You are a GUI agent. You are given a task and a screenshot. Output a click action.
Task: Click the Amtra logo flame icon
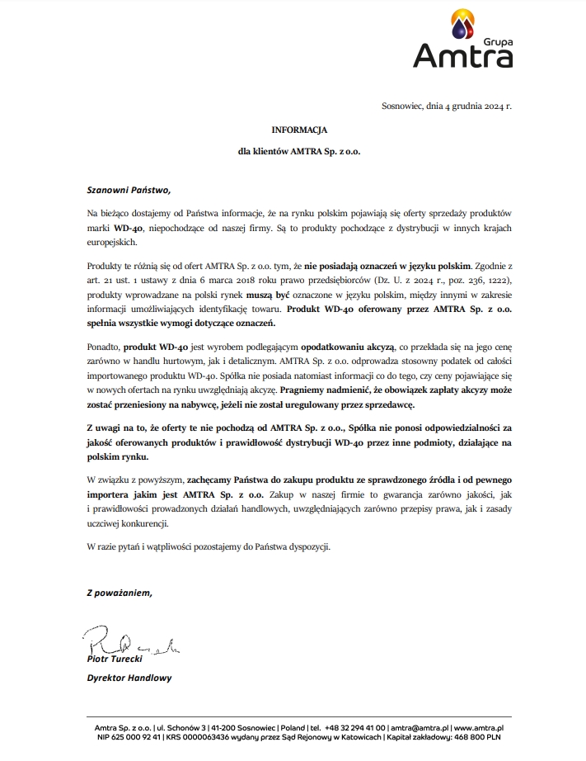[463, 26]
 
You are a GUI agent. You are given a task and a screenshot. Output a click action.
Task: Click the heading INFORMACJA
[299, 130]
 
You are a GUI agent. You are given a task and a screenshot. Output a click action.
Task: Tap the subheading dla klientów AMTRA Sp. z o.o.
[299, 153]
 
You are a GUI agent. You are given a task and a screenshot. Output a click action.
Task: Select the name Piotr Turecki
[115, 659]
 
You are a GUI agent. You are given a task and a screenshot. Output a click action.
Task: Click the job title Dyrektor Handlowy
[129, 678]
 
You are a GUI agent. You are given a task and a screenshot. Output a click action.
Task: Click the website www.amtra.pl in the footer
[480, 728]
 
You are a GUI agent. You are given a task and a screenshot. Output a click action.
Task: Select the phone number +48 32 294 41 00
[354, 728]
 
